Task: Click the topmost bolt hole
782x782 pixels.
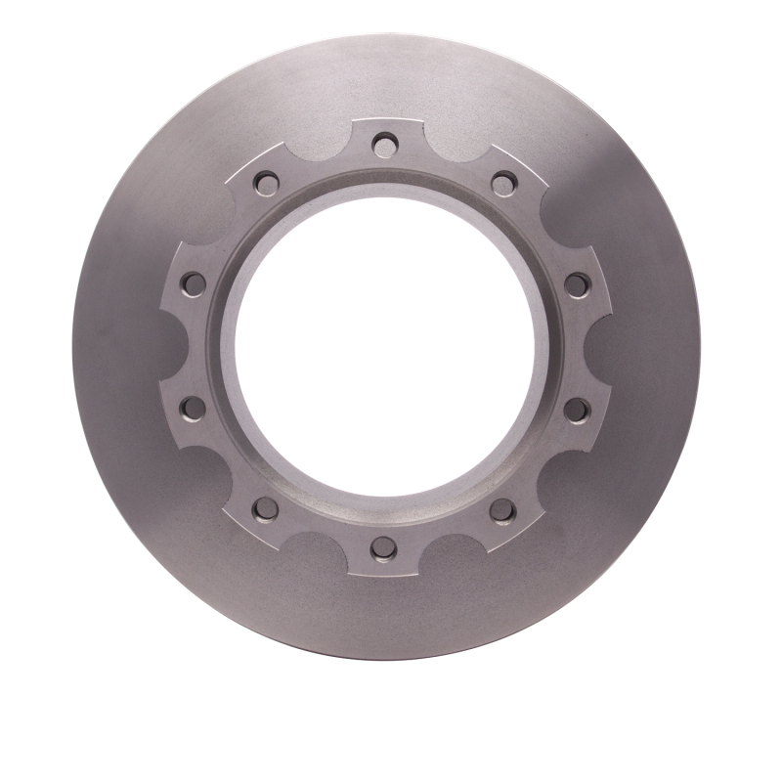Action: point(385,147)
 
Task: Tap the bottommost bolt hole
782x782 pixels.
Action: point(384,547)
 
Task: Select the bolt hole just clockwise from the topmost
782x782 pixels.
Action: point(504,183)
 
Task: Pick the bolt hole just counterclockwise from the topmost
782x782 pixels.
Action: point(266,182)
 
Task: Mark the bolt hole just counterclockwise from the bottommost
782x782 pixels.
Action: point(503,509)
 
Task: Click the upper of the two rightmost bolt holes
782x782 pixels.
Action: point(578,284)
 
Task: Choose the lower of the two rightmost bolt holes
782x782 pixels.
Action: point(578,409)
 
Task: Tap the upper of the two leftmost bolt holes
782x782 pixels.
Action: point(194,284)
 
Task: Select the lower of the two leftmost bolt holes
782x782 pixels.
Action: point(194,408)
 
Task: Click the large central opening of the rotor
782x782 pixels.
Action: point(385,347)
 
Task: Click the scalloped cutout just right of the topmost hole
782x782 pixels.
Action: point(451,145)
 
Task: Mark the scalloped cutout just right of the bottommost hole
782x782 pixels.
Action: point(451,549)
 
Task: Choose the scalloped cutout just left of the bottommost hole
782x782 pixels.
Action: point(319,549)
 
